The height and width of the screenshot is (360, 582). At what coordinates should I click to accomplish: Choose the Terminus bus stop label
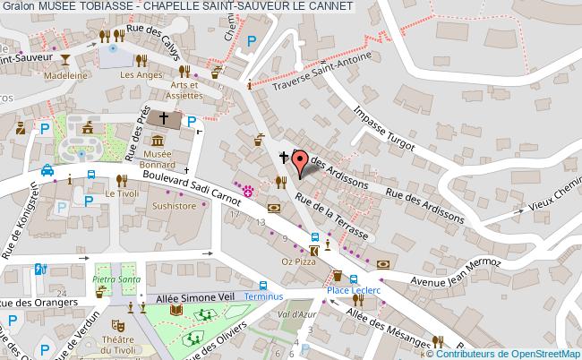point(262,296)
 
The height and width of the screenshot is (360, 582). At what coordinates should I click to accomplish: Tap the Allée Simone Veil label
point(189,296)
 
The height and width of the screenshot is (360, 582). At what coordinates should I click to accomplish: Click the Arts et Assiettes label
point(187,90)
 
